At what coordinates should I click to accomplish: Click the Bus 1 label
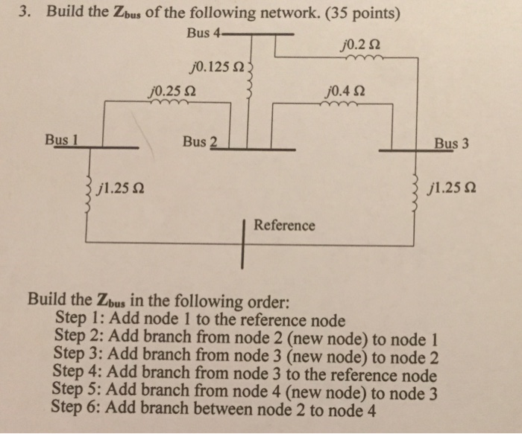click(62, 138)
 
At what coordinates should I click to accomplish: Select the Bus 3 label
click(452, 142)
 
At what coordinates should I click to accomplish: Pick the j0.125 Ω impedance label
click(217, 68)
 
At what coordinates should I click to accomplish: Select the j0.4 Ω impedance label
click(343, 92)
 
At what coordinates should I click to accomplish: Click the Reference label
click(285, 225)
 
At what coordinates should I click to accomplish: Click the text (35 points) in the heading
click(356, 13)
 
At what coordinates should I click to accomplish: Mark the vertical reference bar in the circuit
click(244, 243)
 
